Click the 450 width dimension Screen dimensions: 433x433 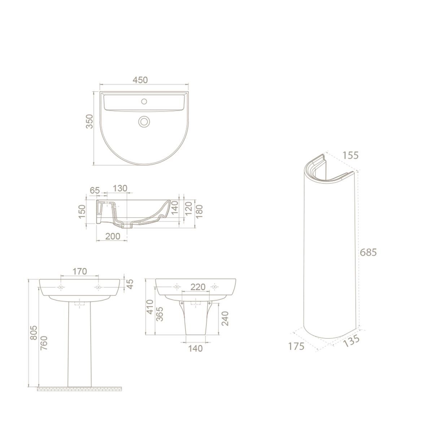140,80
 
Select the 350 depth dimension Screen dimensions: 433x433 89,121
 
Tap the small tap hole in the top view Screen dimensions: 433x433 144,101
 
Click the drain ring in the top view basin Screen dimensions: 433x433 144,121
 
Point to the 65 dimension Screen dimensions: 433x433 95,190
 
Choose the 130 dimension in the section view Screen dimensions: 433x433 120,188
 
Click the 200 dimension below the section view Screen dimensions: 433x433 113,236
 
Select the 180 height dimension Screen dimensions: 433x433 199,211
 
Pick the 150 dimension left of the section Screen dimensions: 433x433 82,211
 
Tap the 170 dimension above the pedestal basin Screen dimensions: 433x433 79,271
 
